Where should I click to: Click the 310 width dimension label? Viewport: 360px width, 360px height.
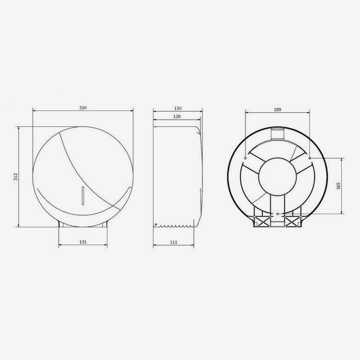83,108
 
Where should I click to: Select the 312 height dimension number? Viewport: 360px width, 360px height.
15,177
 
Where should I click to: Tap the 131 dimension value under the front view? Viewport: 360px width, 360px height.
83,242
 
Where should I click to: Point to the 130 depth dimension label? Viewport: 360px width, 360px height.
178,108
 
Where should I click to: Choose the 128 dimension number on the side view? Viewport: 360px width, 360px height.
177,117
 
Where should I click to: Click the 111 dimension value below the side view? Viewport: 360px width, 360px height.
173,242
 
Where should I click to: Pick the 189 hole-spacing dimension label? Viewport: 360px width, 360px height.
278,110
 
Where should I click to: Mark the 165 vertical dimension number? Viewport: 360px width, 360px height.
338,186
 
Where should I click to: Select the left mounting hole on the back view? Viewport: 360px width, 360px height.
245,158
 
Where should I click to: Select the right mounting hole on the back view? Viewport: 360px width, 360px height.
310,158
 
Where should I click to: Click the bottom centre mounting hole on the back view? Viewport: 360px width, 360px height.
278,213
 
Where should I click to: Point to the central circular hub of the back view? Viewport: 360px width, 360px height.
277,177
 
